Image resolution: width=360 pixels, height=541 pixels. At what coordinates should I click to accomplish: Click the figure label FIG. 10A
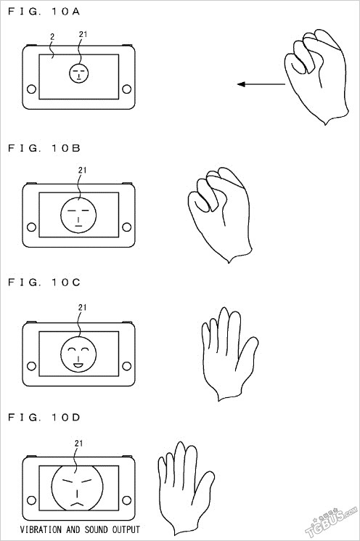tap(44, 12)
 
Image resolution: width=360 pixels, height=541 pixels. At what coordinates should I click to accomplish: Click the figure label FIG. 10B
tap(44, 148)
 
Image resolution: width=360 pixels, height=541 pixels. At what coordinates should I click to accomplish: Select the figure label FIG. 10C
tap(44, 282)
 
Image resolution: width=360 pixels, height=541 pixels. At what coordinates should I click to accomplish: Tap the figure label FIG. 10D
tap(44, 417)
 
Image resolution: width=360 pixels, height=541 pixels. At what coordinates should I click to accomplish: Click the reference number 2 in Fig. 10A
tap(52, 36)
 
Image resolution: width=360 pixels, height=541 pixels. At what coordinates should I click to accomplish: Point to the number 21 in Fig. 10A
tap(83, 34)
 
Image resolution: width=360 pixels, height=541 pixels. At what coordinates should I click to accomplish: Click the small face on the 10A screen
tap(79, 73)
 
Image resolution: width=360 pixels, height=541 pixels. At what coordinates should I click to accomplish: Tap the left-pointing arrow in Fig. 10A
tap(261, 84)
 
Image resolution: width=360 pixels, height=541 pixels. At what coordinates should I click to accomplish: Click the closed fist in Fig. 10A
tap(316, 77)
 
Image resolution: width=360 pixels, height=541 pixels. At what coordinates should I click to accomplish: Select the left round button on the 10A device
tap(31, 89)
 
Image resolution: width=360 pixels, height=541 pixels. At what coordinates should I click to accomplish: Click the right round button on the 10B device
tap(126, 227)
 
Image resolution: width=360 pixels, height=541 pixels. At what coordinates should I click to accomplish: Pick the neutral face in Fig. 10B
tap(78, 215)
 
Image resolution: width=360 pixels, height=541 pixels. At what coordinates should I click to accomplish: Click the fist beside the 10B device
tap(220, 215)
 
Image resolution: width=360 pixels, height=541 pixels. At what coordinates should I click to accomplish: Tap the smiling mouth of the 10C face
tap(78, 365)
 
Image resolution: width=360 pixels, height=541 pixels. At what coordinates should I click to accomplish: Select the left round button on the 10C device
tap(31, 366)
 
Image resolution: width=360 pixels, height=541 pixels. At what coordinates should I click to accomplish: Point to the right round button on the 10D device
tap(126, 500)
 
